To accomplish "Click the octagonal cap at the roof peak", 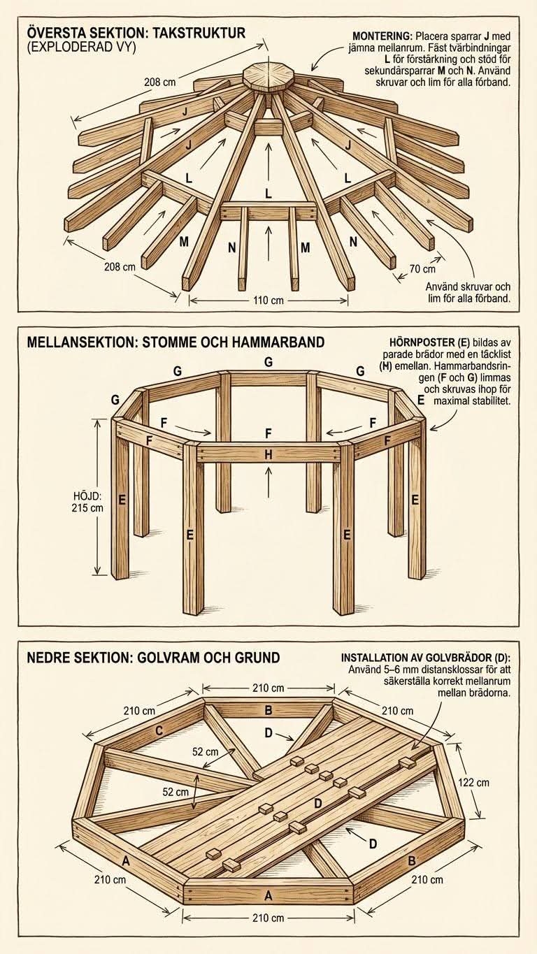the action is point(268,77).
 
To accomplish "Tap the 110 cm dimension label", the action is point(268,301).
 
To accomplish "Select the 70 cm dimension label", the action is point(422,269).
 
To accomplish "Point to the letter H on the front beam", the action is point(268,455).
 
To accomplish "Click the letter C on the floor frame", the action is point(159,731).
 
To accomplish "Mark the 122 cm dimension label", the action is point(473,782).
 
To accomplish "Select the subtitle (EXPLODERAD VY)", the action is point(81,48).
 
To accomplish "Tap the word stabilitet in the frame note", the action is point(490,400).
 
